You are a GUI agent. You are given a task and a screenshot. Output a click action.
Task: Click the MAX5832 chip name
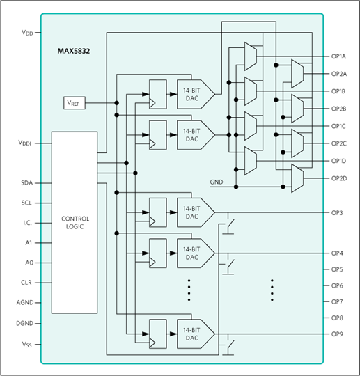click(x=74, y=51)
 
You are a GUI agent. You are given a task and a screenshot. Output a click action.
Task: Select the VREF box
click(x=75, y=103)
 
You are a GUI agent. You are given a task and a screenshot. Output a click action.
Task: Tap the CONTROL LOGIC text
click(x=75, y=223)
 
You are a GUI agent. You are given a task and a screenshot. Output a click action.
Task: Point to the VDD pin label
click(x=27, y=32)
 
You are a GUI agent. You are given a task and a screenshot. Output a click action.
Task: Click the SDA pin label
click(x=27, y=183)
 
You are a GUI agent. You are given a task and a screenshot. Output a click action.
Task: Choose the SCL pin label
click(x=26, y=203)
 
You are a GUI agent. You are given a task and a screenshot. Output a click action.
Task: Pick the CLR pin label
click(x=26, y=283)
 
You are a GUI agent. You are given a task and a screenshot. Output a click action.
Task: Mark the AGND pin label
click(x=25, y=303)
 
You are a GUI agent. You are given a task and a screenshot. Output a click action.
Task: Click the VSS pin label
click(x=27, y=345)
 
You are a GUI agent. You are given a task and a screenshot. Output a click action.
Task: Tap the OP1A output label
click(x=338, y=56)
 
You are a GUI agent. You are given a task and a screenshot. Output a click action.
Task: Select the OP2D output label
click(x=339, y=178)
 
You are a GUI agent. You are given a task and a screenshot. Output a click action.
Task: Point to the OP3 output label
click(x=337, y=212)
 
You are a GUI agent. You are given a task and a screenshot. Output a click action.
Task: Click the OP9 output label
click(x=337, y=334)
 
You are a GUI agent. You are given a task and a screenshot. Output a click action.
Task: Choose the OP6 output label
click(x=337, y=285)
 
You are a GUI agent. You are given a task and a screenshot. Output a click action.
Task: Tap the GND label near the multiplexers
click(x=217, y=182)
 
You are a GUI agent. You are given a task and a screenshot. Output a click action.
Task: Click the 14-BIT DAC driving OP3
click(x=196, y=212)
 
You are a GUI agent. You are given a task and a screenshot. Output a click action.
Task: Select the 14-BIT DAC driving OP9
click(x=196, y=334)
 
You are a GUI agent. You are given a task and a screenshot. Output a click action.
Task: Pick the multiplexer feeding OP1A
click(x=251, y=56)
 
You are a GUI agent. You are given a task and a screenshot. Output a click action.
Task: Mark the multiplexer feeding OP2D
click(x=297, y=178)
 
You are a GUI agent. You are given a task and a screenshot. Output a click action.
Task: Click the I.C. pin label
click(x=28, y=223)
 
